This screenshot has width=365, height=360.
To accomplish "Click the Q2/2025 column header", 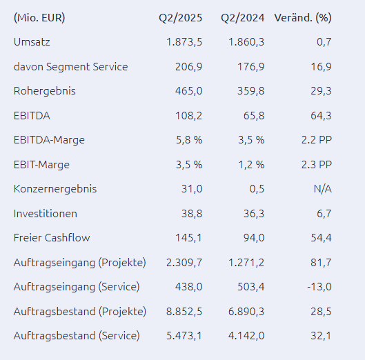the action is coord(180,18).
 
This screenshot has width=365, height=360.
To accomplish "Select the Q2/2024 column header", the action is coord(243,18).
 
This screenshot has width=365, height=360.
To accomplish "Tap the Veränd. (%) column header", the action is coord(303,18).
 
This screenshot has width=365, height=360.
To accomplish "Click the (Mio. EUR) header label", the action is coord(39,18).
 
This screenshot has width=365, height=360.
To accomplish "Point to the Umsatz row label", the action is coord(32,42).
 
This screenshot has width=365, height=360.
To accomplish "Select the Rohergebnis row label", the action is coord(45,91).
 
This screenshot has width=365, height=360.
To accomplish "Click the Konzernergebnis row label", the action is coord(55,189).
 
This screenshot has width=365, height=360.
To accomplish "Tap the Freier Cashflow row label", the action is coord(52,238).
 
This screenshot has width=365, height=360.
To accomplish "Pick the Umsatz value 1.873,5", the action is coord(184,42).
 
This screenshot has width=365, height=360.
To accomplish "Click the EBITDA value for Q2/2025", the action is coord(188,116).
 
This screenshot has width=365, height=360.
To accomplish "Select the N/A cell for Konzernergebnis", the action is coord(322,189).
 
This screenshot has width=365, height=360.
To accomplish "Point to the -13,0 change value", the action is coord(319,287).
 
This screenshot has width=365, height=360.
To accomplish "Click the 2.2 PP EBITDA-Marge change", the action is coord(316,140).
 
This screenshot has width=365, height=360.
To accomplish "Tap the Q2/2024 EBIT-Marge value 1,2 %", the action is coord(251,165).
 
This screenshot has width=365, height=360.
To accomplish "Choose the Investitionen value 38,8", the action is coord(192,214).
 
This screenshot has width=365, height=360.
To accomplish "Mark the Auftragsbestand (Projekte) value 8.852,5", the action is coord(184,311).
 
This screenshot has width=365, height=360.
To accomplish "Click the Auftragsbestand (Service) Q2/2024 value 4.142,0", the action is coord(246,336).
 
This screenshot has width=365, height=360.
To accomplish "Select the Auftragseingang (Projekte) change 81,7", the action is coord(321,263).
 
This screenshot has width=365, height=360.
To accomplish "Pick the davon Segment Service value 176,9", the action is coord(251,67).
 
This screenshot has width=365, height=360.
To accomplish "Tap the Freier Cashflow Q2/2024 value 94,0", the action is coord(254,238).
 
